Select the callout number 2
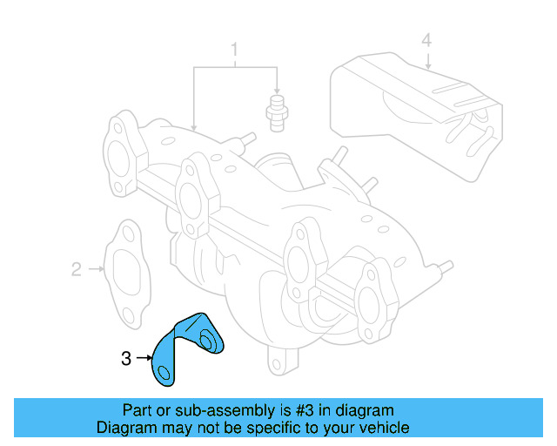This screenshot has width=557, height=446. pos(76,269)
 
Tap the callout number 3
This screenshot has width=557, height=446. pos(127,357)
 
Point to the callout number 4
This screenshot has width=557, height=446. pos(426,40)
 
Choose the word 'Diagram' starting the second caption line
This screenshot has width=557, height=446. pos(126,428)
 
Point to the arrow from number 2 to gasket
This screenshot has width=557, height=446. pos(95,269)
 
